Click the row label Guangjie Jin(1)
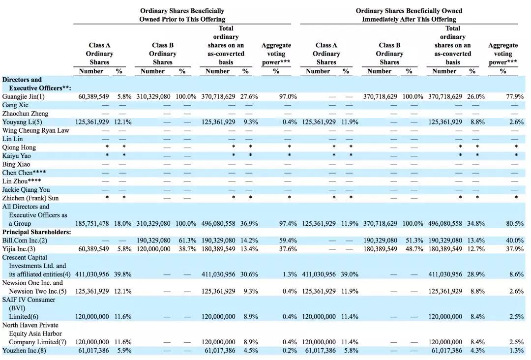pyautogui.click(x=24, y=96)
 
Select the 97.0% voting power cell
pyautogui.click(x=288, y=96)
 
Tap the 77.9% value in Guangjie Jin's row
pyautogui.click(x=515, y=96)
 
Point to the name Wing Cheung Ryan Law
pyautogui.click(x=35, y=130)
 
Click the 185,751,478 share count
pyautogui.click(x=92, y=223)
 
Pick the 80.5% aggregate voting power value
pyautogui.click(x=515, y=223)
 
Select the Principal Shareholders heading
pyautogui.click(x=36, y=232)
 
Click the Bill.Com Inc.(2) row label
pyautogui.click(x=25, y=240)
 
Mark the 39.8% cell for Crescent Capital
pyautogui.click(x=122, y=274)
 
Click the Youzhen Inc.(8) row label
pyautogui.click(x=24, y=351)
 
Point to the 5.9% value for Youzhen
pyautogui.click(x=124, y=351)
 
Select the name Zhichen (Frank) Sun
pyautogui.click(x=30, y=198)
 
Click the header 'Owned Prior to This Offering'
pyautogui.click(x=182, y=19)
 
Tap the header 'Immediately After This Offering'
pyautogui.click(x=409, y=19)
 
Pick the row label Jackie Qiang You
pyautogui.click(x=26, y=190)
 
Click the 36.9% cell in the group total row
pyautogui.click(x=249, y=223)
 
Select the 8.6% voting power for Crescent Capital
pyautogui.click(x=516, y=274)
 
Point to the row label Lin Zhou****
pyautogui.click(x=22, y=181)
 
